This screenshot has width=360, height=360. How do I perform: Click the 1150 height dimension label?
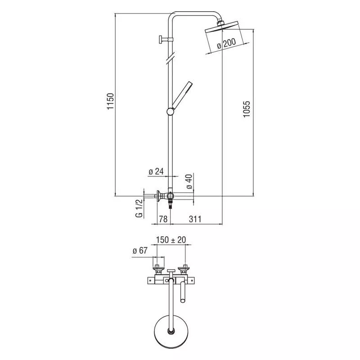(x=110, y=101)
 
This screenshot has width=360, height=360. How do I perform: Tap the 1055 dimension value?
(x=247, y=109)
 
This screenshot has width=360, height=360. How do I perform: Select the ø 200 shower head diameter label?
(x=226, y=43)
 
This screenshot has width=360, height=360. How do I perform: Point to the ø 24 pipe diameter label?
(x=156, y=171)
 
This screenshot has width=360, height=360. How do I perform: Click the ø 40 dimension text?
(x=189, y=181)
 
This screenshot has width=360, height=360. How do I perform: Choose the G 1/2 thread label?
(x=139, y=208)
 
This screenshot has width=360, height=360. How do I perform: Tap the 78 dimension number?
(x=163, y=219)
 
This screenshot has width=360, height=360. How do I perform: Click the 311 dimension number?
(x=195, y=219)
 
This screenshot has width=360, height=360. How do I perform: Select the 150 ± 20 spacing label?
(x=171, y=240)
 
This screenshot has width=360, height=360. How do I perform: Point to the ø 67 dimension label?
(x=140, y=251)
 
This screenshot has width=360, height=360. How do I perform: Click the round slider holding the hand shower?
(x=171, y=112)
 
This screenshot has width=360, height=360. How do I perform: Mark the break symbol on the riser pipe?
(x=171, y=58)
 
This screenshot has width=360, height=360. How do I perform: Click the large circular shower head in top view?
(x=171, y=330)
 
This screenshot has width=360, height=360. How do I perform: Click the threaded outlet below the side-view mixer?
(x=170, y=204)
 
